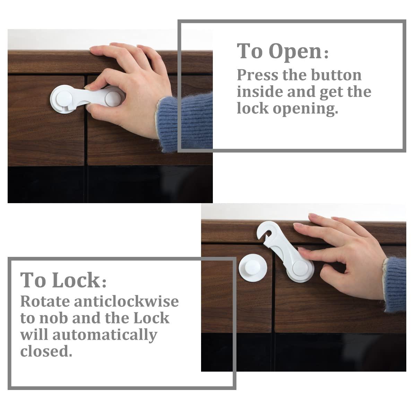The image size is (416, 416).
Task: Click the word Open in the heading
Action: pyautogui.click(x=295, y=52)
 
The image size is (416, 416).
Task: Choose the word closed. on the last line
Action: pyautogui.click(x=46, y=352)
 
